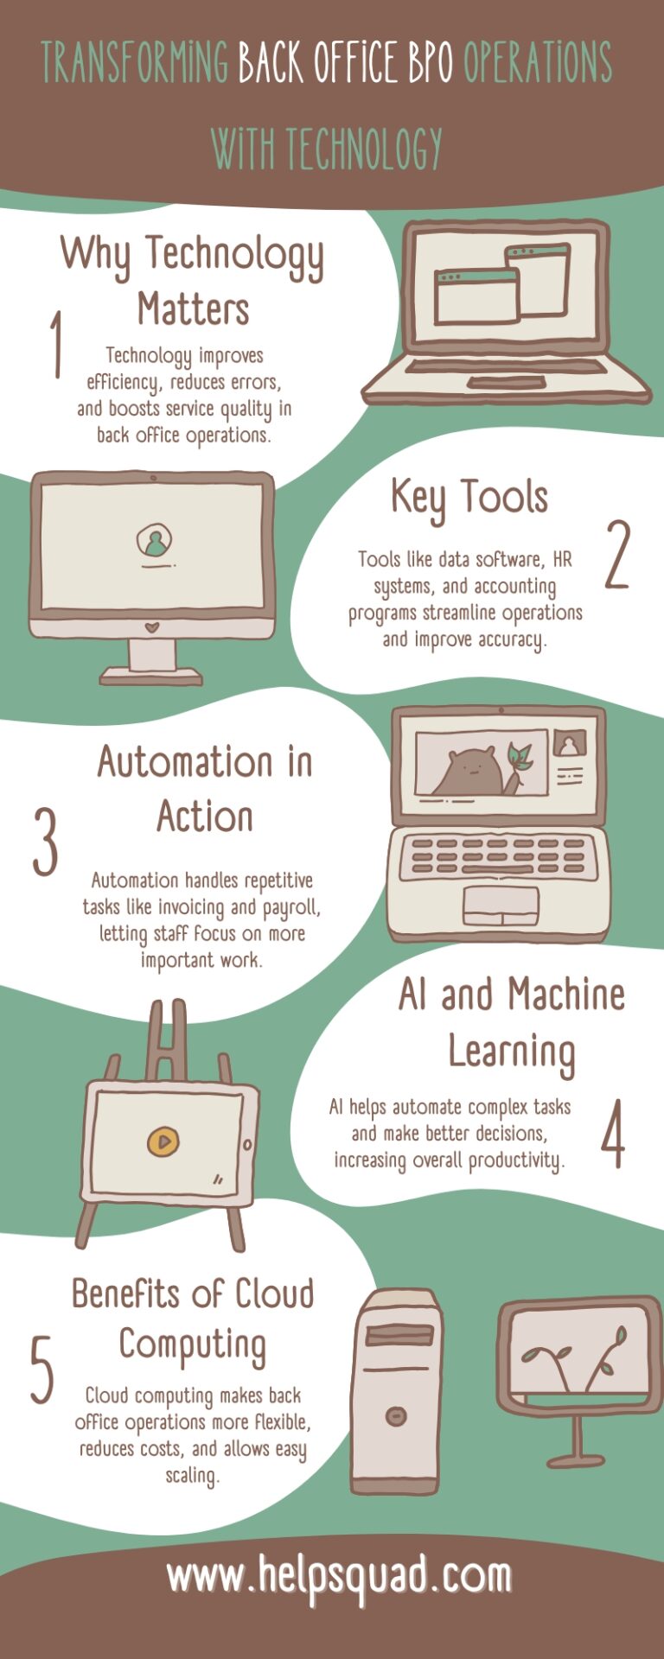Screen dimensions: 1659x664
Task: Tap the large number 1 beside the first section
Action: (x=56, y=344)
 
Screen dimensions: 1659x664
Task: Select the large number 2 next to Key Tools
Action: (x=616, y=555)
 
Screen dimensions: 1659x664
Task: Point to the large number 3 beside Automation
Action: (x=46, y=842)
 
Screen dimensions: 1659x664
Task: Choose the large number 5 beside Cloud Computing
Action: (x=41, y=1370)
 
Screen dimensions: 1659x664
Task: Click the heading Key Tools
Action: (x=469, y=498)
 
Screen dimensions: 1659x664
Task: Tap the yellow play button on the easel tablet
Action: (x=163, y=1141)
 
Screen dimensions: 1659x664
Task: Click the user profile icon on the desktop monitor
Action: (x=154, y=542)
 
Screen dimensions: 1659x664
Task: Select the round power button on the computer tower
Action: (x=396, y=1416)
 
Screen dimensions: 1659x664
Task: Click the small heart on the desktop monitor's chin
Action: (x=152, y=625)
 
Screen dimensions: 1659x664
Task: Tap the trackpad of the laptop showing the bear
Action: (x=501, y=904)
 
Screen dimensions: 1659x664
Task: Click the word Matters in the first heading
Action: (x=194, y=309)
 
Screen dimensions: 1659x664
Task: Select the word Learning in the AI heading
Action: (x=511, y=1052)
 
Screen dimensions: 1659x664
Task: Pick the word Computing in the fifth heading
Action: (x=192, y=1345)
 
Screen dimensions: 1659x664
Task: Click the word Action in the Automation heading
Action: (x=205, y=817)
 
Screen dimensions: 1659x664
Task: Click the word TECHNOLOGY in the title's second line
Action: (x=364, y=149)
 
